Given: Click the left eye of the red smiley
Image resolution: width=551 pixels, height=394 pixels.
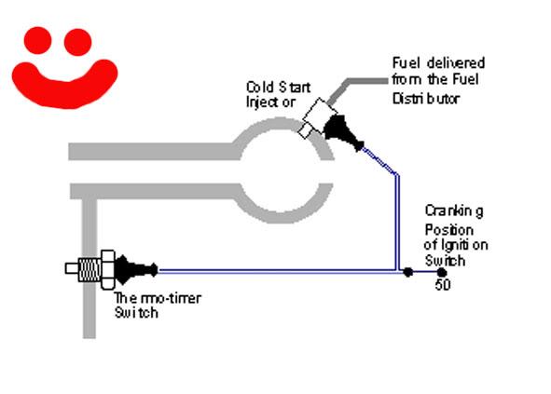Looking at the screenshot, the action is [x=38, y=40].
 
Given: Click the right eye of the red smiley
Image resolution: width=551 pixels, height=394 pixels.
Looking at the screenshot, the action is [x=77, y=42].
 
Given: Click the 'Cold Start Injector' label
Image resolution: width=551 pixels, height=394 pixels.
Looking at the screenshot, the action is [x=278, y=94].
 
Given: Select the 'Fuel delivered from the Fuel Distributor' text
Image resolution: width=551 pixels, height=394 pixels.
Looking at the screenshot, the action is [x=438, y=80].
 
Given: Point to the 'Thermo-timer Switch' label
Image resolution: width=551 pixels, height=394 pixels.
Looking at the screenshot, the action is [x=158, y=306].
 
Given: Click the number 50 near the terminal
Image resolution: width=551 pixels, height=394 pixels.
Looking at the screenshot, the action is [x=443, y=284].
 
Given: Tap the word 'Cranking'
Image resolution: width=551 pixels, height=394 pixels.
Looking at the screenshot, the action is [x=454, y=211].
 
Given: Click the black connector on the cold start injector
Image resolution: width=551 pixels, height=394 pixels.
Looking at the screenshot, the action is [x=341, y=132].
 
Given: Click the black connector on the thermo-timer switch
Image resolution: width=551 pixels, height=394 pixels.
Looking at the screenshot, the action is [x=136, y=269].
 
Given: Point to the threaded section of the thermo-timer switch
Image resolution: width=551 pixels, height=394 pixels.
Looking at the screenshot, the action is [x=90, y=269].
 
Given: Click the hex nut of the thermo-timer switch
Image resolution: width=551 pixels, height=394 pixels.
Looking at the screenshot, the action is [x=108, y=269].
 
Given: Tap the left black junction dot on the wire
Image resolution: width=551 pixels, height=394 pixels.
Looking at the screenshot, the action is [x=407, y=272].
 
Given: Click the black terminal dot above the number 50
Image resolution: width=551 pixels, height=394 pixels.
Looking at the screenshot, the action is [x=442, y=272].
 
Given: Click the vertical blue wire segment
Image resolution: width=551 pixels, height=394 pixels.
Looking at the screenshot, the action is [x=397, y=222].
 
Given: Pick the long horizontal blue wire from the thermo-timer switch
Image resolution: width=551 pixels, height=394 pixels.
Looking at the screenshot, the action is [x=277, y=270].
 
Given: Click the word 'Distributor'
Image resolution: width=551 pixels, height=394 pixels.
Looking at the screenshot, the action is [x=425, y=99].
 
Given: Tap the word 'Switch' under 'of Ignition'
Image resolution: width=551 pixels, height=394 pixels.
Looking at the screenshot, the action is [x=445, y=261].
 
